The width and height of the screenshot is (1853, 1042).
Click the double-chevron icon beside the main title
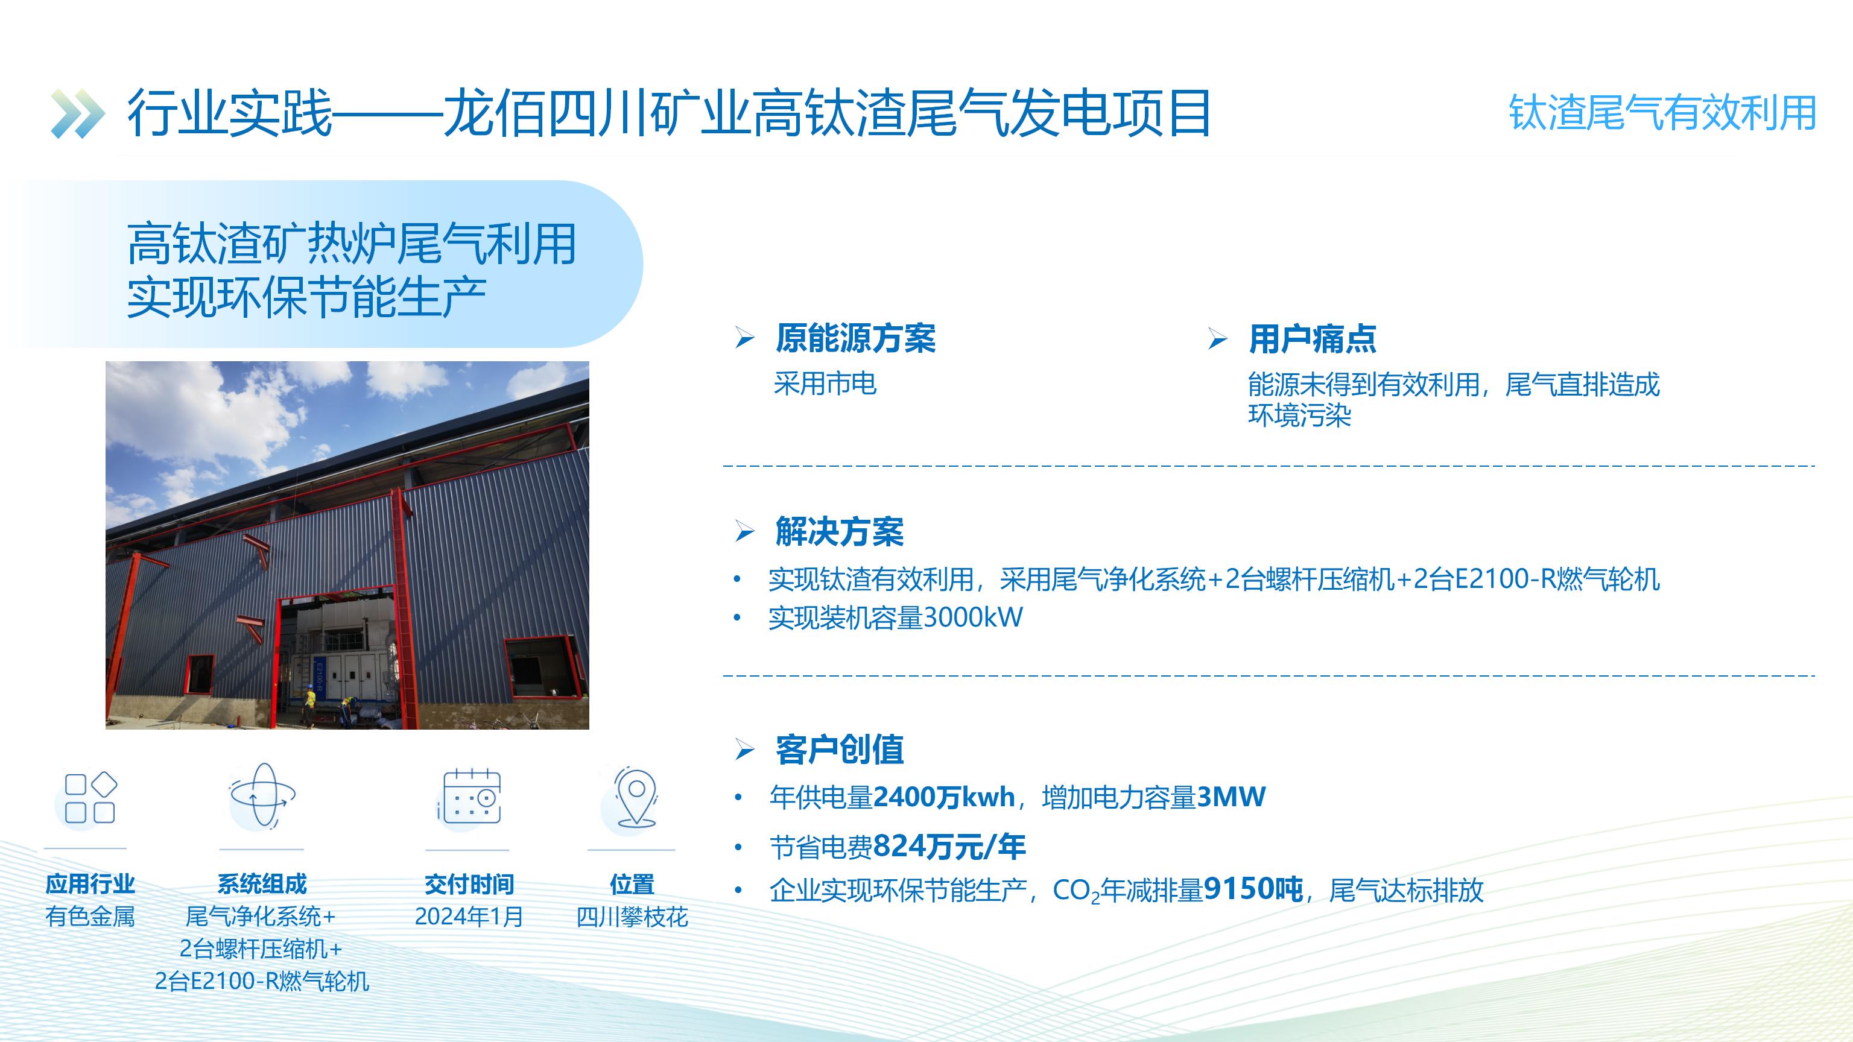[78, 113]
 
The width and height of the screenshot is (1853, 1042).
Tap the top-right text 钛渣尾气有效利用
[1662, 113]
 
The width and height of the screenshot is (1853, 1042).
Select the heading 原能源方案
[855, 338]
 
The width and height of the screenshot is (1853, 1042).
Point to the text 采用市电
[825, 384]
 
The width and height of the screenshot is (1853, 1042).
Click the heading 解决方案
[840, 531]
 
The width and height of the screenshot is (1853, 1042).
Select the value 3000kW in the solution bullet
[972, 617]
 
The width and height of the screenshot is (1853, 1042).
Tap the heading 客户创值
[840, 750]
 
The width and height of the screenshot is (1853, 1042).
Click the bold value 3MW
[1231, 797]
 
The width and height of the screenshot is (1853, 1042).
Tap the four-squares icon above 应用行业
[90, 798]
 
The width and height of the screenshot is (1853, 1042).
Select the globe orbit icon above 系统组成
[262, 795]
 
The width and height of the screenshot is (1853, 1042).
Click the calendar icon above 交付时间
[471, 796]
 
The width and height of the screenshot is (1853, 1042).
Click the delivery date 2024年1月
[469, 917]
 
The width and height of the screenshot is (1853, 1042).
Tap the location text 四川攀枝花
[632, 917]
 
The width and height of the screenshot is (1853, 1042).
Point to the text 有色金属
[90, 917]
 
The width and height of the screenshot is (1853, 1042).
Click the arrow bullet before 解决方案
[744, 532]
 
